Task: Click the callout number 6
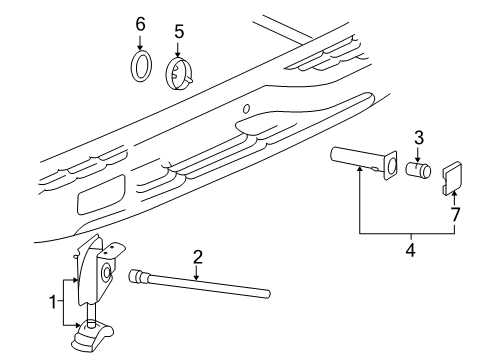point(140,23)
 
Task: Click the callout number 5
point(179,31)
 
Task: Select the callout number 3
point(421,137)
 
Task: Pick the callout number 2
point(198,256)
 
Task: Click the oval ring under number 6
point(141,69)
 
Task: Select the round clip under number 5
point(179,73)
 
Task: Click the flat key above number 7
point(452,176)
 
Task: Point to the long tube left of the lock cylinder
point(360,160)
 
